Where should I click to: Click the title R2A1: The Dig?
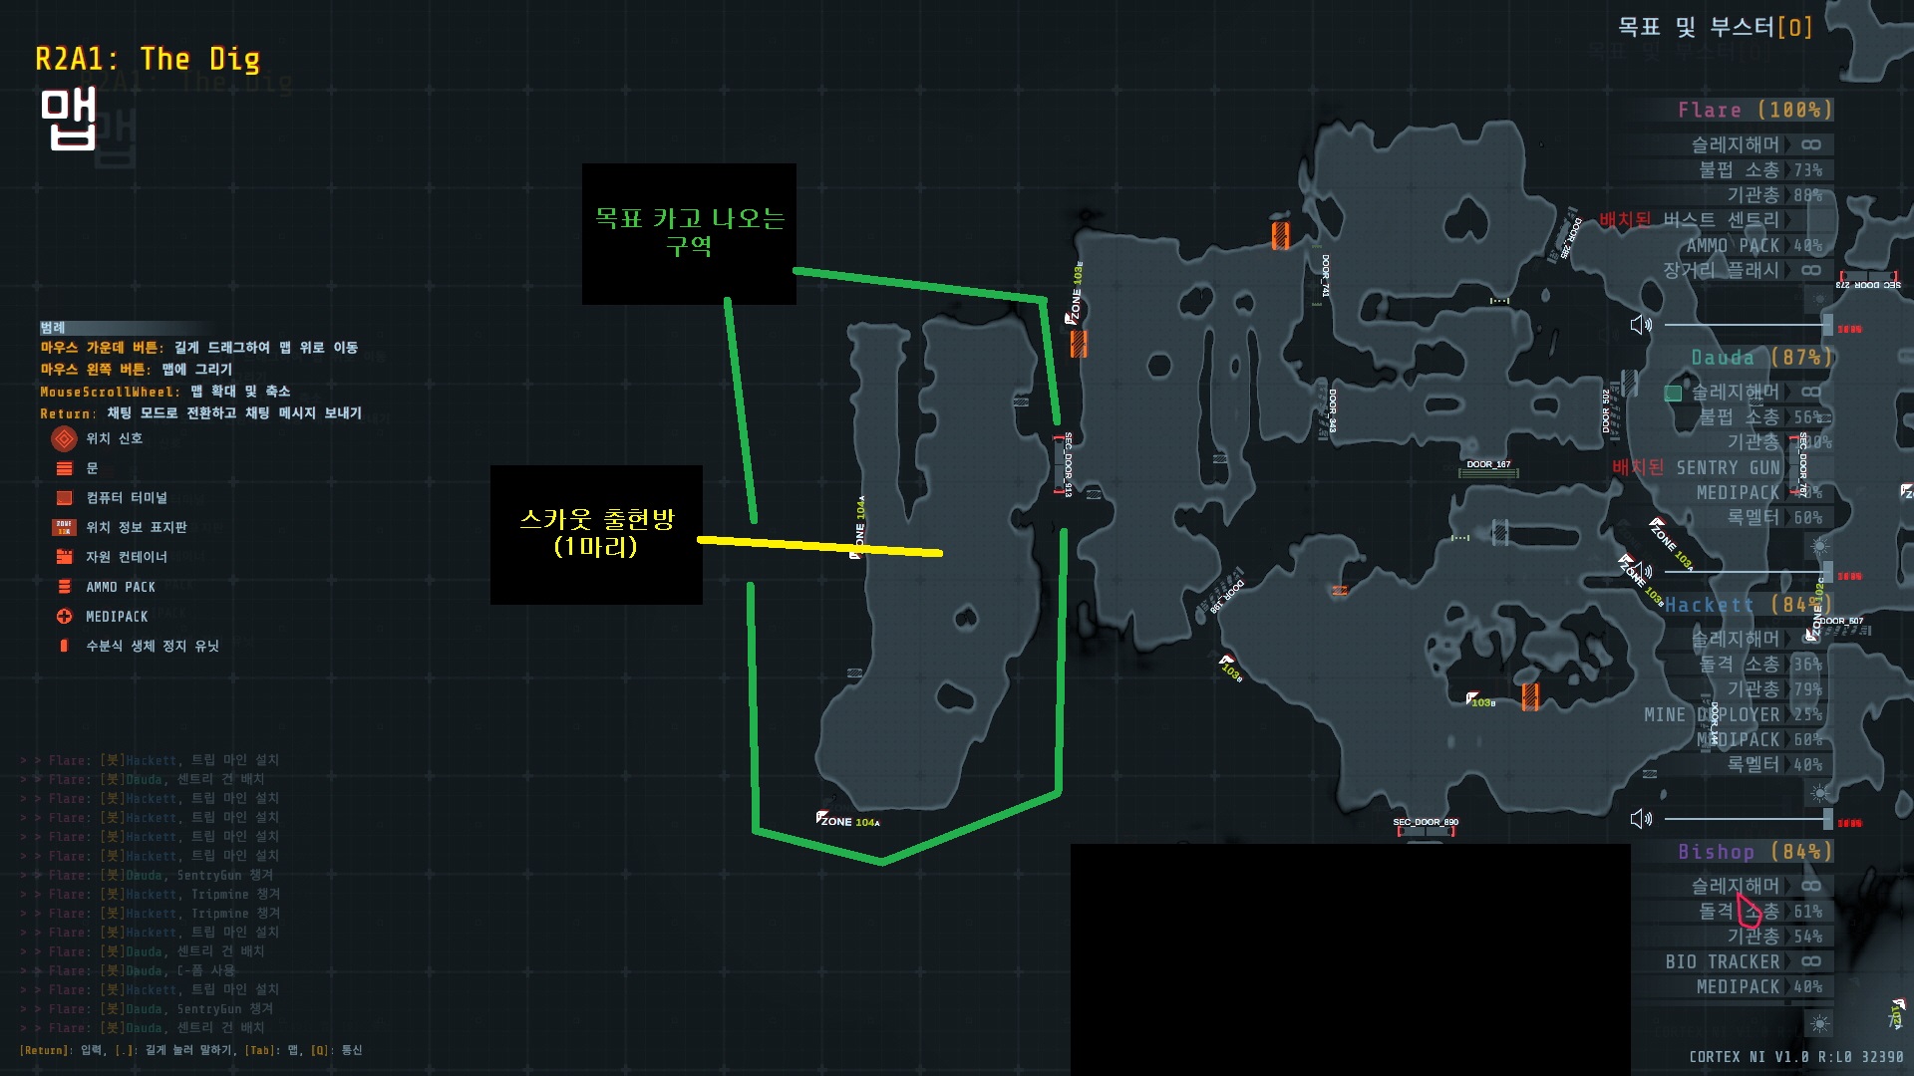coord(148,60)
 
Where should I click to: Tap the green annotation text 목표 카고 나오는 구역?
coord(690,231)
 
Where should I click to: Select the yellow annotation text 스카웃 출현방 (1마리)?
coord(596,532)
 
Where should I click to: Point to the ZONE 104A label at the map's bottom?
coord(848,822)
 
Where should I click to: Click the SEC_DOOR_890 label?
coord(1426,822)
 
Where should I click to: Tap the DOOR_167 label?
coord(1488,464)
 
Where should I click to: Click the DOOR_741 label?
coord(1326,276)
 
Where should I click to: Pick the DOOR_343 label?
coord(1333,409)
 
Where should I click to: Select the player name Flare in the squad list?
coord(1710,111)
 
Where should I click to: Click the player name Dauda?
coord(1723,358)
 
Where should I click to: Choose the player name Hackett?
coord(1710,605)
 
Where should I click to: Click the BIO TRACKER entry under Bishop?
coord(1723,961)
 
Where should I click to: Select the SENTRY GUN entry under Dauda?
coord(1728,468)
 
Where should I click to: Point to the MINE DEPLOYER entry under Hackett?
coord(1712,715)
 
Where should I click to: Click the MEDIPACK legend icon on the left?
coord(65,617)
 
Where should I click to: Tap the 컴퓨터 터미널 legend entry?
coord(127,498)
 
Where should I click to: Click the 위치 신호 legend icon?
coord(65,438)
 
